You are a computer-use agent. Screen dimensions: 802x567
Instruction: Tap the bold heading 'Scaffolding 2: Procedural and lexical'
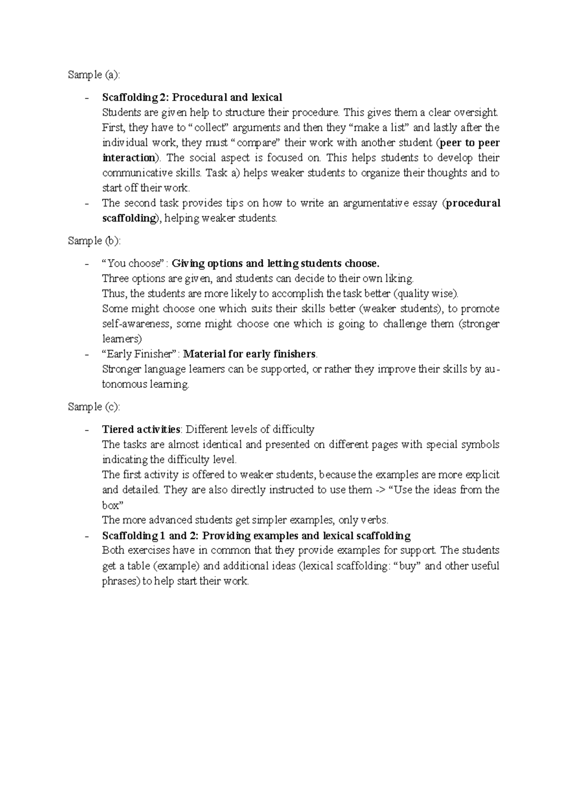(x=192, y=97)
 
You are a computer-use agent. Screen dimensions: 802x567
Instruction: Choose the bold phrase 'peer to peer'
(x=469, y=143)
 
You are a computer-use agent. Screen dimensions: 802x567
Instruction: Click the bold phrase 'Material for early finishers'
(x=249, y=354)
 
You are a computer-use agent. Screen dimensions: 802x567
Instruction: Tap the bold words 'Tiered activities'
(x=141, y=429)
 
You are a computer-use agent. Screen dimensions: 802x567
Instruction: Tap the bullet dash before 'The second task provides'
(x=86, y=204)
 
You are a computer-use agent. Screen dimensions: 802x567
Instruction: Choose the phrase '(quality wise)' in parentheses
(x=425, y=294)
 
